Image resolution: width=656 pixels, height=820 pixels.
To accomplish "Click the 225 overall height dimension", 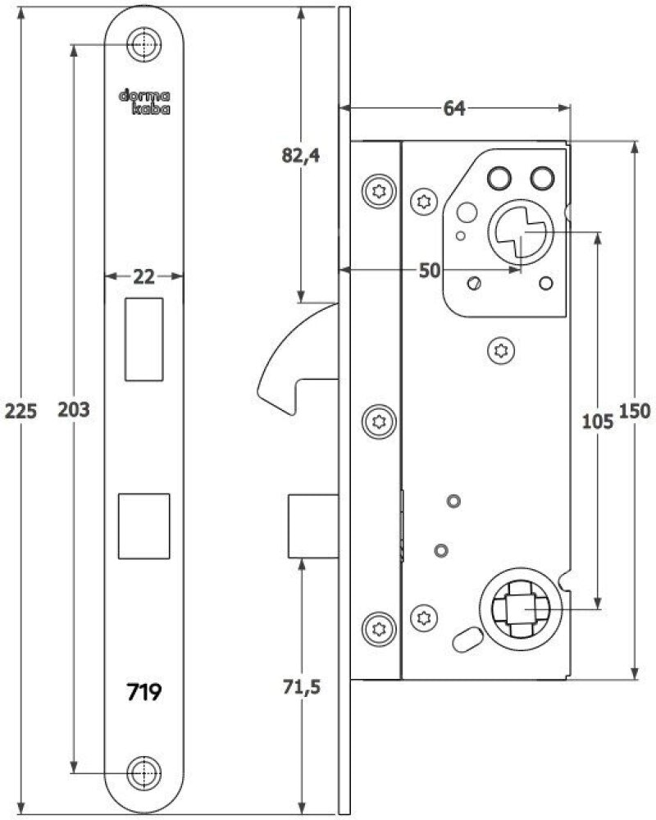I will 20,411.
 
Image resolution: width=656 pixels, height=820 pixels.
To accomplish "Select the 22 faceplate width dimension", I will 144,276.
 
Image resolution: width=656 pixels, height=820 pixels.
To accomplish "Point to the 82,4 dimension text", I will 298,156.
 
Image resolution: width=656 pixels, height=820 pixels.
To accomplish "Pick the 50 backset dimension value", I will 430,271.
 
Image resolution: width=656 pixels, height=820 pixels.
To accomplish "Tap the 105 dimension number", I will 598,421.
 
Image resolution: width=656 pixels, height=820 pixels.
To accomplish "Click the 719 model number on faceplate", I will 143,690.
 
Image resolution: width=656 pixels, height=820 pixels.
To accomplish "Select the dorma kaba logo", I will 145,102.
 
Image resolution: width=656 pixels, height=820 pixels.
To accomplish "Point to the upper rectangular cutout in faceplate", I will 143,339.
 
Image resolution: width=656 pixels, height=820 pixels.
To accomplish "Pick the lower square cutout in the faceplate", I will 144,526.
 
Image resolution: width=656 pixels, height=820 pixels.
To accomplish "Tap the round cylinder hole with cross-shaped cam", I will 522,233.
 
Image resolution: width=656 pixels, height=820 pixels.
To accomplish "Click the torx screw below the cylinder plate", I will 501,350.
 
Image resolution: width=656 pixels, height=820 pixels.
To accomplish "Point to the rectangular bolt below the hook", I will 312,526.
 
